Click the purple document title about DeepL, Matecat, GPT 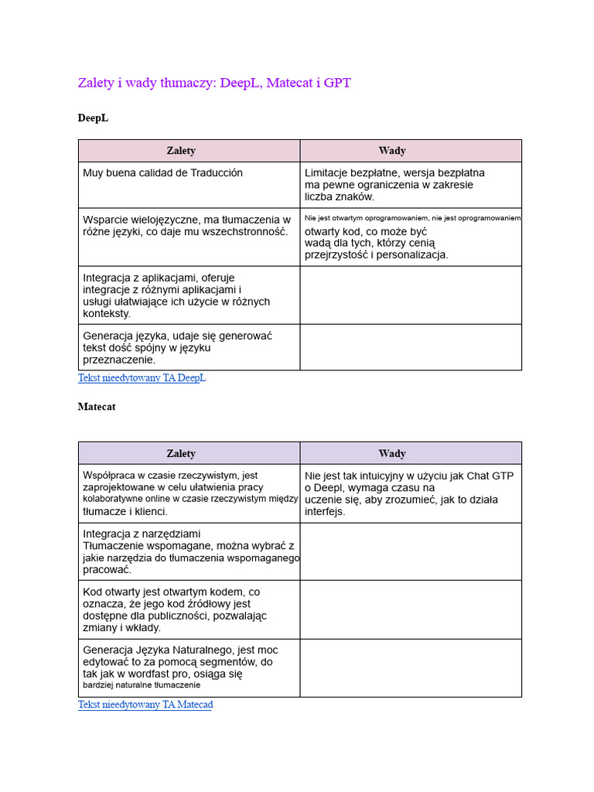[x=214, y=83]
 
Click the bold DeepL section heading [x=93, y=118]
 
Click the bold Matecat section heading [x=97, y=407]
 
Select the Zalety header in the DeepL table [x=181, y=151]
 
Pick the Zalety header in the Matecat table [x=181, y=453]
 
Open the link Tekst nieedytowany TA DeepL [x=142, y=378]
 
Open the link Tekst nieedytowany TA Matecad [x=145, y=705]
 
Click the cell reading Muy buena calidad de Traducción [x=163, y=173]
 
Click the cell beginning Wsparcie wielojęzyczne [x=186, y=226]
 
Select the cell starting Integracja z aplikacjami [x=176, y=295]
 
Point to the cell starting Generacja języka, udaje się [x=177, y=347]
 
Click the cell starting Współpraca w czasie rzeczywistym [x=189, y=493]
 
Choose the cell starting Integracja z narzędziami [x=189, y=551]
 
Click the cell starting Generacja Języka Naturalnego [x=180, y=667]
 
